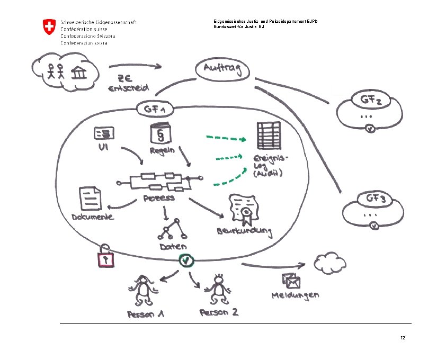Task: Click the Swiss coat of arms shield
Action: click(x=49, y=27)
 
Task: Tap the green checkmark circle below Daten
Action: click(x=186, y=260)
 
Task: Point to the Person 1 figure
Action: click(x=142, y=291)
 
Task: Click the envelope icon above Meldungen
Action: click(x=291, y=280)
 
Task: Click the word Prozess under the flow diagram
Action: click(x=159, y=199)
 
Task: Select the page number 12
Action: click(x=403, y=338)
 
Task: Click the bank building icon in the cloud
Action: click(x=80, y=73)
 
